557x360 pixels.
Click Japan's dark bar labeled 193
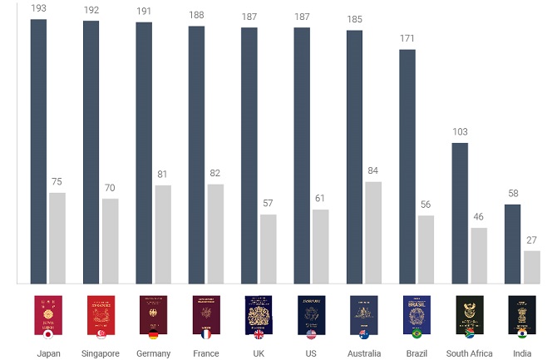tap(38, 151)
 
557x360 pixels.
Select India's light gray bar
tap(532, 267)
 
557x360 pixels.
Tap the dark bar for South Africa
tap(460, 213)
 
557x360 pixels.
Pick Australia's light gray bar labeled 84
tap(373, 233)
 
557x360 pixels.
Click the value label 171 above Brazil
tap(407, 38)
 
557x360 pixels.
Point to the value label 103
tap(460, 132)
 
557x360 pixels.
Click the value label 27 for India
tap(531, 240)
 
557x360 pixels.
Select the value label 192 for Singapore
tap(91, 10)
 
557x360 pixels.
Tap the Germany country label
tap(154, 353)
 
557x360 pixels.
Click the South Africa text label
tap(469, 353)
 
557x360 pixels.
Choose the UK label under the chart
tap(259, 353)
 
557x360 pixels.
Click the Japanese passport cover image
tap(48, 315)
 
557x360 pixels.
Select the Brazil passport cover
tap(417, 315)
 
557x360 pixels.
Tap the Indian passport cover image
tap(522, 315)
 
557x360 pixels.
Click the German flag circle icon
tap(154, 334)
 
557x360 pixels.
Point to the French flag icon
tap(206, 334)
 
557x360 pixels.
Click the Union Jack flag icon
tap(259, 334)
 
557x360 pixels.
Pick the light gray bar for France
tap(215, 234)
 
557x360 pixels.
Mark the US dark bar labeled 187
tap(302, 155)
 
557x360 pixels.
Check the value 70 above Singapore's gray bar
tap(110, 188)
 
